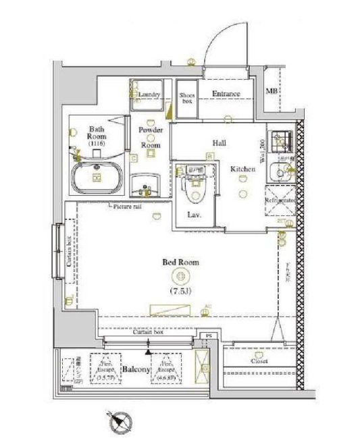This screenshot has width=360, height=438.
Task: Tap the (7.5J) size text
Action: click(180, 291)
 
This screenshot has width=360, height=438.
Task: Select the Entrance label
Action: click(226, 94)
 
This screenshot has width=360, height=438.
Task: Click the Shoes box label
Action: click(186, 99)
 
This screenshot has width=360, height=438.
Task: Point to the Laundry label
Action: click(149, 94)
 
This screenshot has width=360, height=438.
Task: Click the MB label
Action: click(271, 91)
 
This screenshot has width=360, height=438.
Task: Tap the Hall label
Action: click(219, 143)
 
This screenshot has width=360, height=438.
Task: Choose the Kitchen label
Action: click(242, 169)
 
